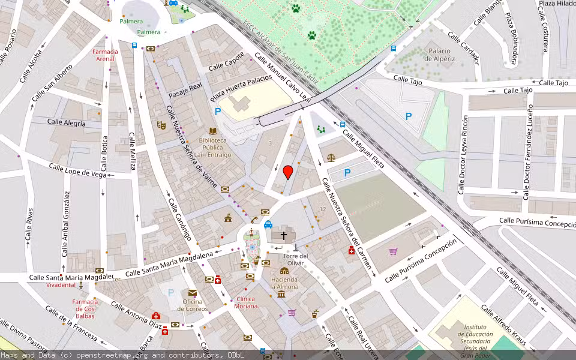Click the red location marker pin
click(288, 172)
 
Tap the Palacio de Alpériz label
click(440, 55)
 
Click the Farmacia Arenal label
click(105, 55)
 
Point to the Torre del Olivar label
click(295, 259)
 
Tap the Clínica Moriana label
click(246, 302)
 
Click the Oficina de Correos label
click(192, 305)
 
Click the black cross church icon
click(284, 236)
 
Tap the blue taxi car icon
click(268, 225)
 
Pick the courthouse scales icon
click(331, 157)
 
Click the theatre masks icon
click(161, 125)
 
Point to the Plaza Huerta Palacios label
click(241, 88)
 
